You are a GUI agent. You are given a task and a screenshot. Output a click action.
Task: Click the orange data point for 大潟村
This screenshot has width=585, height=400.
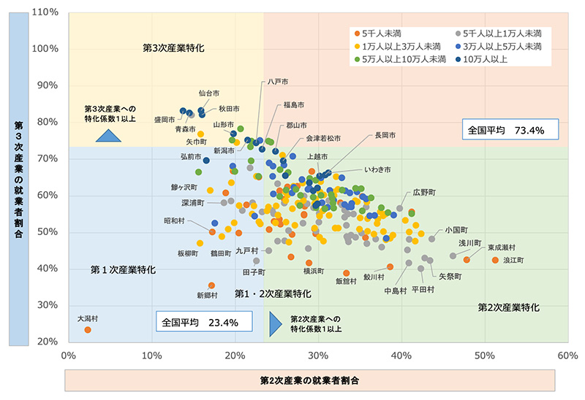88,330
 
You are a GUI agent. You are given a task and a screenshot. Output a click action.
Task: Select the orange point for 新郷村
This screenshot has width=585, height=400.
211,285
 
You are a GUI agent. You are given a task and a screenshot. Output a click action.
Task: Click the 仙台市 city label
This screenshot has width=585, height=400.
209,93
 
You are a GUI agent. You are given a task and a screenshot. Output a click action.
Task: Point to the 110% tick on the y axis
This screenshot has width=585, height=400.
46,12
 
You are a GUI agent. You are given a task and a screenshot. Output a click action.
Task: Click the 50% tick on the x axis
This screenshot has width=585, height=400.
484,355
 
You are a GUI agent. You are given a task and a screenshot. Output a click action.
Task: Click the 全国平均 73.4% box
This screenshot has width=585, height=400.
510,131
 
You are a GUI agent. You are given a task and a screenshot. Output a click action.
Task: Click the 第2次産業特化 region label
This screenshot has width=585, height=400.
508,307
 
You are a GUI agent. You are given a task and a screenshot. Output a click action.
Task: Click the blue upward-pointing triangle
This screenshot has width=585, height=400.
108,135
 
